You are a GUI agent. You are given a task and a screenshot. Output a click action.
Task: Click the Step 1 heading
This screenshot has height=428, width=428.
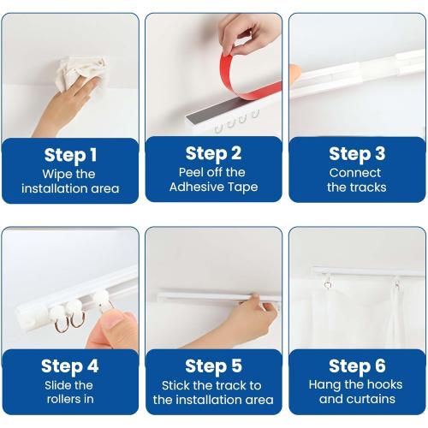[70, 155]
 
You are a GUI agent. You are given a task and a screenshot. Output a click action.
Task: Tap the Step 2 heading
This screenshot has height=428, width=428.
[213, 153]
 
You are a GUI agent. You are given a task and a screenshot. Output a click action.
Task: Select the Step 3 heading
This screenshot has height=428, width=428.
[357, 153]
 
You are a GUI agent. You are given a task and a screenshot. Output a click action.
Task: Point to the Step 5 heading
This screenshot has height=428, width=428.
[213, 366]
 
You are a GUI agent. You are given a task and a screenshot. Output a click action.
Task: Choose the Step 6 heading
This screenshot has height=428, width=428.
[357, 366]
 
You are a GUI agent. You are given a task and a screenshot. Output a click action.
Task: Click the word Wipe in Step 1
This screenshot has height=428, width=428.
[56, 174]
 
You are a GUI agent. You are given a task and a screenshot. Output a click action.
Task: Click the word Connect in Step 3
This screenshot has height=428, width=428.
[357, 172]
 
